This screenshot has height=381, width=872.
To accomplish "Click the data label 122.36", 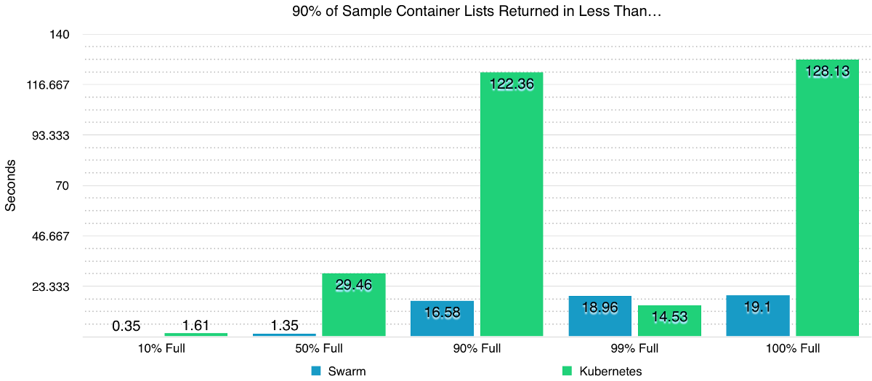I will [x=512, y=84].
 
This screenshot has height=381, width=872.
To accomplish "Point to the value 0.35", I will [x=126, y=326].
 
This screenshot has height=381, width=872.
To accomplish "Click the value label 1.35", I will [x=284, y=326].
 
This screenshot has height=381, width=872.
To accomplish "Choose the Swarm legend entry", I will [x=338, y=371].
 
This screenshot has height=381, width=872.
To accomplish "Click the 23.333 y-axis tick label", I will [x=49, y=286].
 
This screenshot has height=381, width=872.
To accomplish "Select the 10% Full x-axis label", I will [x=161, y=348].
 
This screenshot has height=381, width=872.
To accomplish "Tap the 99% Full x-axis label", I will [x=634, y=348].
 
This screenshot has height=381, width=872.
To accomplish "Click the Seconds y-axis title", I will [x=10, y=185].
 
